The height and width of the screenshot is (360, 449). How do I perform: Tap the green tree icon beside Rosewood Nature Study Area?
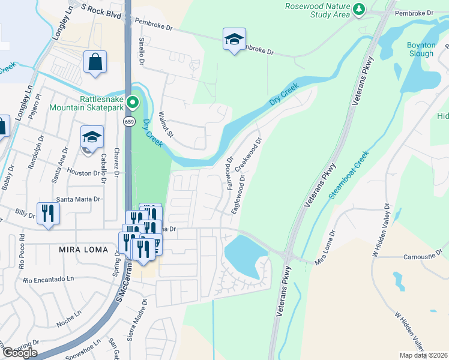359,9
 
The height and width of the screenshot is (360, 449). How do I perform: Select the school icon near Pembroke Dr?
234,40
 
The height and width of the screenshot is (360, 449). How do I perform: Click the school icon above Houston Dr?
92,137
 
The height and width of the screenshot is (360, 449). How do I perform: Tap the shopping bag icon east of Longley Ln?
95,62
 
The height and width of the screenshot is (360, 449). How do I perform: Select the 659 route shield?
129,122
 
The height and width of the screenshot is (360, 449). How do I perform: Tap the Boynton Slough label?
420,49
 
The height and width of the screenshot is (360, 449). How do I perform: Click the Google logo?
19,353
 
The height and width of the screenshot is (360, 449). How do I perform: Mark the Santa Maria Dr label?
78,199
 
